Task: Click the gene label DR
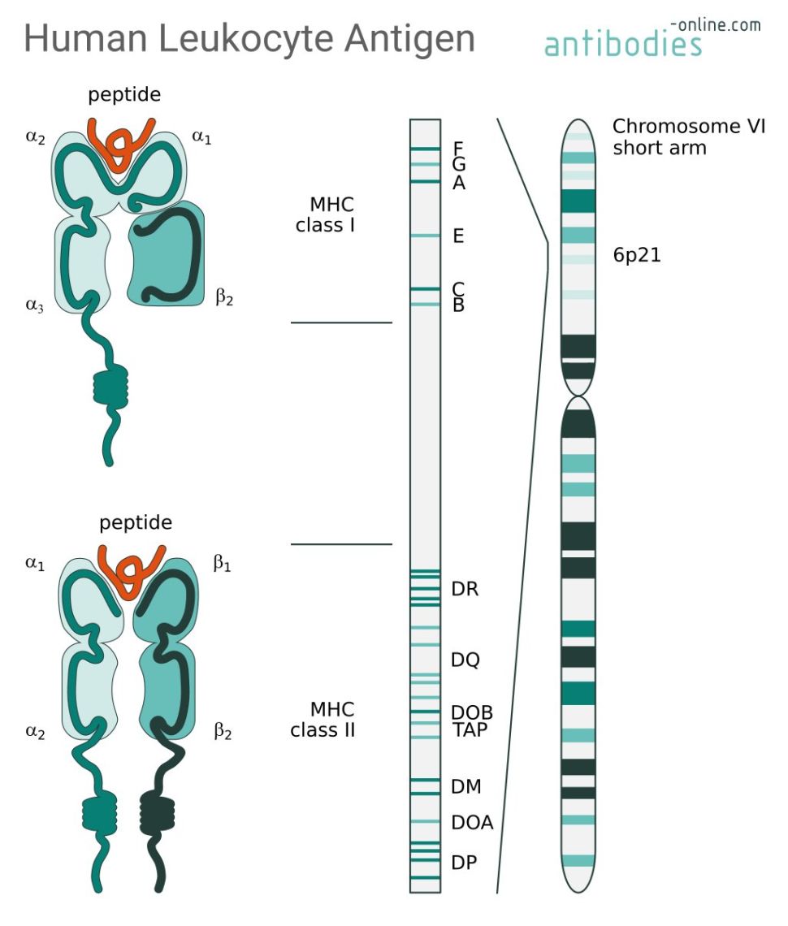coord(465,590)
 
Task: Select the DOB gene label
coord(472,713)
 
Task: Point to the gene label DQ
coord(465,660)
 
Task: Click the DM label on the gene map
coord(466,786)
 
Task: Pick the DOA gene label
coord(472,823)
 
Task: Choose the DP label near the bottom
coord(464,863)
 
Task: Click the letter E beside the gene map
coord(458,236)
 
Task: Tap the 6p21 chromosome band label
coord(637,255)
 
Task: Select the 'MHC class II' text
coord(323,720)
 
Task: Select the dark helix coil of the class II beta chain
coord(158,811)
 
